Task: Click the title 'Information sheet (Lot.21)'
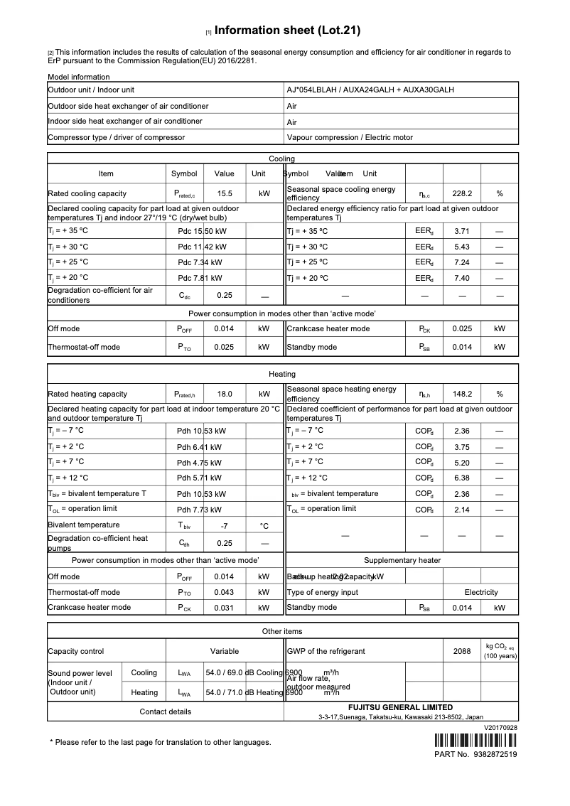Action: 287,31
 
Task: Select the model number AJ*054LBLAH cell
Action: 370,90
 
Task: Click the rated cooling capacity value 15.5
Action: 225,193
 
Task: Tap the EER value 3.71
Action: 462,231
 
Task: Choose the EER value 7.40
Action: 462,278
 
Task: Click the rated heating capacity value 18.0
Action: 225,394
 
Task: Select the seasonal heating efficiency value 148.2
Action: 462,394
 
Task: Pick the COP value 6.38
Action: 462,478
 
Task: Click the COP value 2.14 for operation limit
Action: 462,510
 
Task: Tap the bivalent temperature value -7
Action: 225,526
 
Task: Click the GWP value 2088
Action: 462,651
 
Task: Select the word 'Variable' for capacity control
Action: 225,651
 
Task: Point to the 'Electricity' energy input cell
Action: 481,592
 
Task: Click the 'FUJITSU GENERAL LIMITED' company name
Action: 400,707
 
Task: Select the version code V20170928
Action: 500,728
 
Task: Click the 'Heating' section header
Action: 282,374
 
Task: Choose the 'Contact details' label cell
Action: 165,711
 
